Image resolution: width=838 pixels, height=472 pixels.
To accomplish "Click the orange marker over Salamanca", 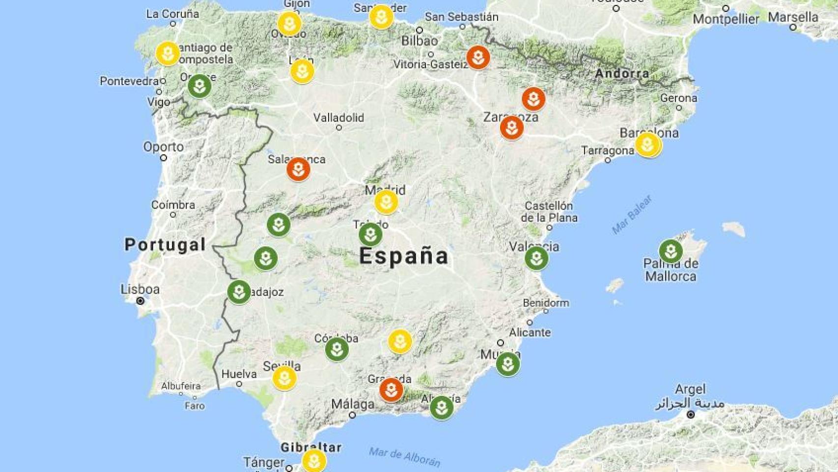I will click(298, 169).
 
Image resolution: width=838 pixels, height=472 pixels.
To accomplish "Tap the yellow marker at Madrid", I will click(386, 202).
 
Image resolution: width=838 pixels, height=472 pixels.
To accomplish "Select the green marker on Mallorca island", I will click(670, 251).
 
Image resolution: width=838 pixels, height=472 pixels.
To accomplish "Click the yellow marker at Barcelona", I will click(647, 145).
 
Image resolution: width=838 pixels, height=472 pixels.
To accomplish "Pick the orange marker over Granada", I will click(391, 390).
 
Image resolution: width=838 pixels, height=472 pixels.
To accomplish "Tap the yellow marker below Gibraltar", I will click(314, 461).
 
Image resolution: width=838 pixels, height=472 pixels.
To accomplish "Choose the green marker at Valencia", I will click(536, 258).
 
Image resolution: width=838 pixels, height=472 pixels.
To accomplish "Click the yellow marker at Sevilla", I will click(284, 378).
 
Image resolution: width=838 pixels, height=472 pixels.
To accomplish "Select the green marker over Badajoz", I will click(239, 292).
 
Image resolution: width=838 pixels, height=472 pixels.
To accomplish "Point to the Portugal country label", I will click(165, 244).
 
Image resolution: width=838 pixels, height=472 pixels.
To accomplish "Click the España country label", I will click(404, 256).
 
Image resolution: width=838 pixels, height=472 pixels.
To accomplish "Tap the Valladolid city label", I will click(339, 118).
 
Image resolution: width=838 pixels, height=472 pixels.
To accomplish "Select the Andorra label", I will click(622, 74).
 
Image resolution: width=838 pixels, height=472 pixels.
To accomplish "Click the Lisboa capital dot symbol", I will click(140, 301).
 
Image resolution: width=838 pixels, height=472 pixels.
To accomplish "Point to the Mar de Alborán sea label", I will click(405, 457).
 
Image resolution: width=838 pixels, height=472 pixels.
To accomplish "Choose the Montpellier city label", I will click(726, 19).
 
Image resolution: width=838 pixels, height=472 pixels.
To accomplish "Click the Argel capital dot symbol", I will click(690, 414).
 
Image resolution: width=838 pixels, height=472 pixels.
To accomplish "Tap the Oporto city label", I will click(164, 147).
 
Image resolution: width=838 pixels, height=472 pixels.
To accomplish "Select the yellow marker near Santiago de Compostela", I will click(168, 53).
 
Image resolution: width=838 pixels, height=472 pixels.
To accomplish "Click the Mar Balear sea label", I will click(632, 215).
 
